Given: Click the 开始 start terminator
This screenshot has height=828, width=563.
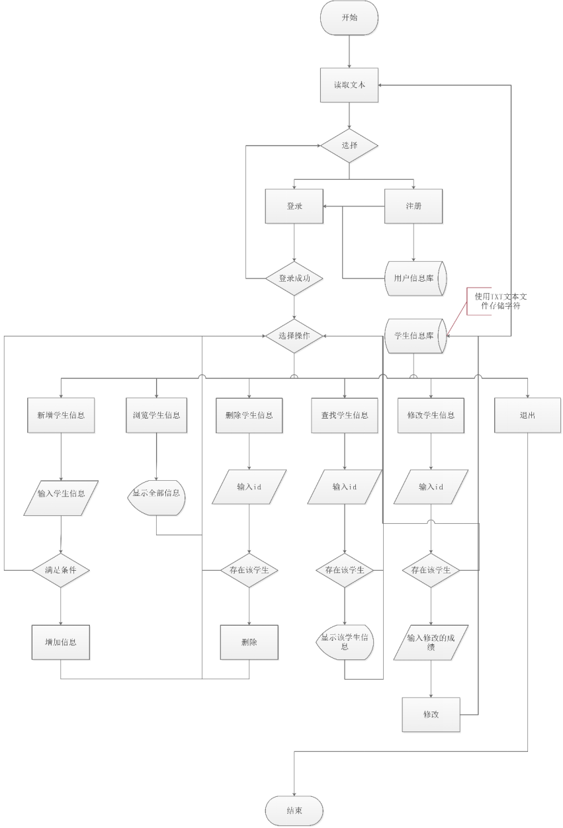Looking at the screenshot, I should [349, 18].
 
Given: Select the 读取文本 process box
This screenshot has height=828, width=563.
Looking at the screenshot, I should [349, 85].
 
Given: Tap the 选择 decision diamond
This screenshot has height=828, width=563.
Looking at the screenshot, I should [349, 145].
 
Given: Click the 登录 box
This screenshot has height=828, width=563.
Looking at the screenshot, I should [294, 206].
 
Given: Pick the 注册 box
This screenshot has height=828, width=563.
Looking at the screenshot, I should [413, 206].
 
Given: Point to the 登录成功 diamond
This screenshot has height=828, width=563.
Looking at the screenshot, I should [294, 279].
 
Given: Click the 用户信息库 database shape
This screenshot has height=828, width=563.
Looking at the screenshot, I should [415, 278].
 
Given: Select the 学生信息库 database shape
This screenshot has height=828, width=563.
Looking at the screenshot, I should [415, 336].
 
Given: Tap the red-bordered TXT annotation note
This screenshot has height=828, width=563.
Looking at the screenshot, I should [500, 302].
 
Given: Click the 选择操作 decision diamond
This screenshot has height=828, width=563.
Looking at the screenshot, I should [294, 336].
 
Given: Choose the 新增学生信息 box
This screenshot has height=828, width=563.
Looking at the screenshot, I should [61, 415].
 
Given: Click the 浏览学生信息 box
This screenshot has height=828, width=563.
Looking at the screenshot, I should [156, 415].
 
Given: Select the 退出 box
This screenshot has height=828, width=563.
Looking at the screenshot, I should [527, 415].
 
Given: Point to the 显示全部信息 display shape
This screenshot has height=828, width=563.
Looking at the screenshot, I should [156, 493].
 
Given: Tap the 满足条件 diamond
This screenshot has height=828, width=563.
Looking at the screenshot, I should [61, 569].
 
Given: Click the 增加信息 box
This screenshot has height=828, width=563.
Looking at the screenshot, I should [61, 642].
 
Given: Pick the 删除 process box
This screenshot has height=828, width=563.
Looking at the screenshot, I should [249, 642].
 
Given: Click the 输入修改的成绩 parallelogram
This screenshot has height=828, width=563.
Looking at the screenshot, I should [431, 642].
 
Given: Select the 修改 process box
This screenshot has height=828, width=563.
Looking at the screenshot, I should [431, 714].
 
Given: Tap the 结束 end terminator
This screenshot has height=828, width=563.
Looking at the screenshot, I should [294, 811].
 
